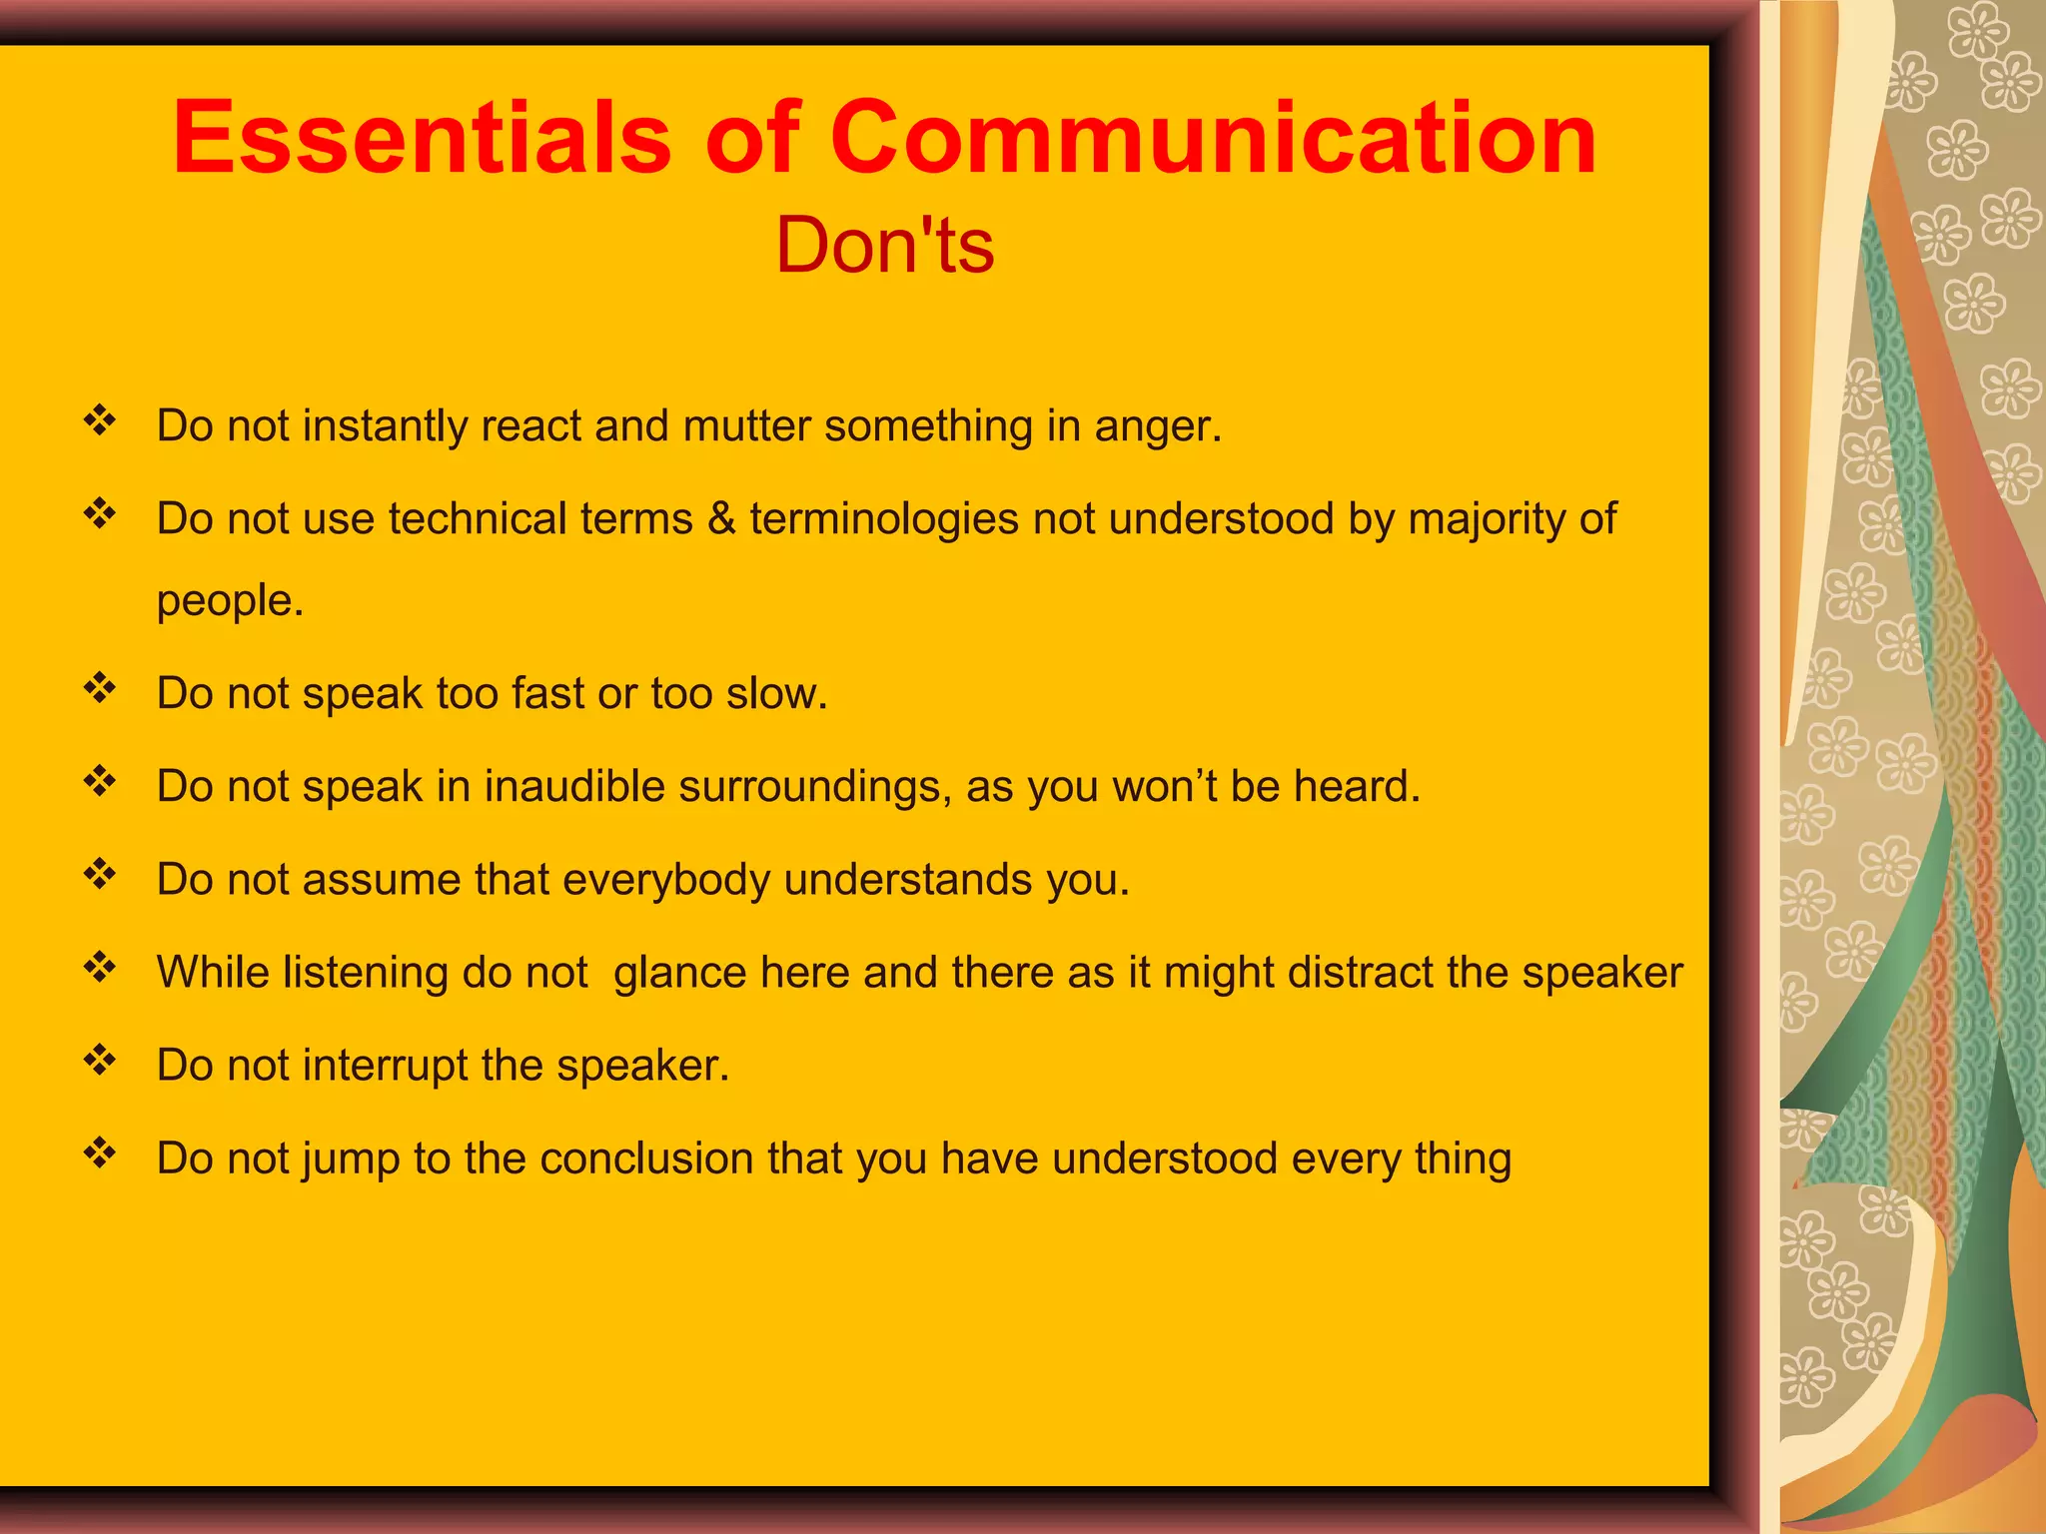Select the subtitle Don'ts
point(885,246)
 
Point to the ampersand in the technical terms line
point(720,518)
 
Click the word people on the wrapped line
point(228,601)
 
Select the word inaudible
point(574,786)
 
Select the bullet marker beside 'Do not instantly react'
point(100,420)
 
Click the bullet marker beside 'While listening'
point(100,967)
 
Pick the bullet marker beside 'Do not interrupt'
point(100,1060)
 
